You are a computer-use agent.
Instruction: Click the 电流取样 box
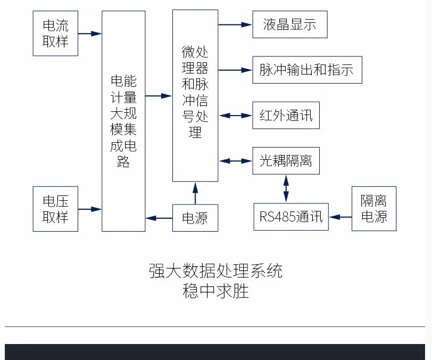[x=55, y=33]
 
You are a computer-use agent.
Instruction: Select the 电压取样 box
[x=55, y=209]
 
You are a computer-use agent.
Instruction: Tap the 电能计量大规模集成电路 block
[x=123, y=121]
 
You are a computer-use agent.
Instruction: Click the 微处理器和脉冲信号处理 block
[x=195, y=95]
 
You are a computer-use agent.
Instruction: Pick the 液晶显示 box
[x=289, y=24]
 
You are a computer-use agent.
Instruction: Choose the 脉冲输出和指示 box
[x=307, y=70]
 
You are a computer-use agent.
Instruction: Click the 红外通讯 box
[x=286, y=115]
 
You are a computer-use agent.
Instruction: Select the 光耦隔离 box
[x=286, y=160]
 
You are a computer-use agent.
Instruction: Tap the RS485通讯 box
[x=291, y=217]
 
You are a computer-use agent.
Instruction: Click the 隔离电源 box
[x=374, y=208]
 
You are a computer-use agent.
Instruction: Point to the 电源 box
[x=195, y=218]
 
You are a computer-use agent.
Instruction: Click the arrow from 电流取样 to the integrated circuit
[x=89, y=33]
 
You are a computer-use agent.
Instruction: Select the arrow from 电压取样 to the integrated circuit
[x=89, y=209]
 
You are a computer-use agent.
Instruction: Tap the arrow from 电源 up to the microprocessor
[x=195, y=193]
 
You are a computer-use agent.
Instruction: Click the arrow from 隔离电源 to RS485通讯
[x=340, y=217]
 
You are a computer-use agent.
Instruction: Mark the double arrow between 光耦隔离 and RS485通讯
[x=286, y=188]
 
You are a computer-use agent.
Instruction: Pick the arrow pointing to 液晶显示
[x=235, y=24]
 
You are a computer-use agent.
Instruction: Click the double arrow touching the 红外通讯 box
[x=235, y=115]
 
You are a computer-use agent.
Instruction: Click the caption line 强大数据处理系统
[x=215, y=271]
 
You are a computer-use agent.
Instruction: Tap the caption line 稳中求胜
[x=215, y=291]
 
